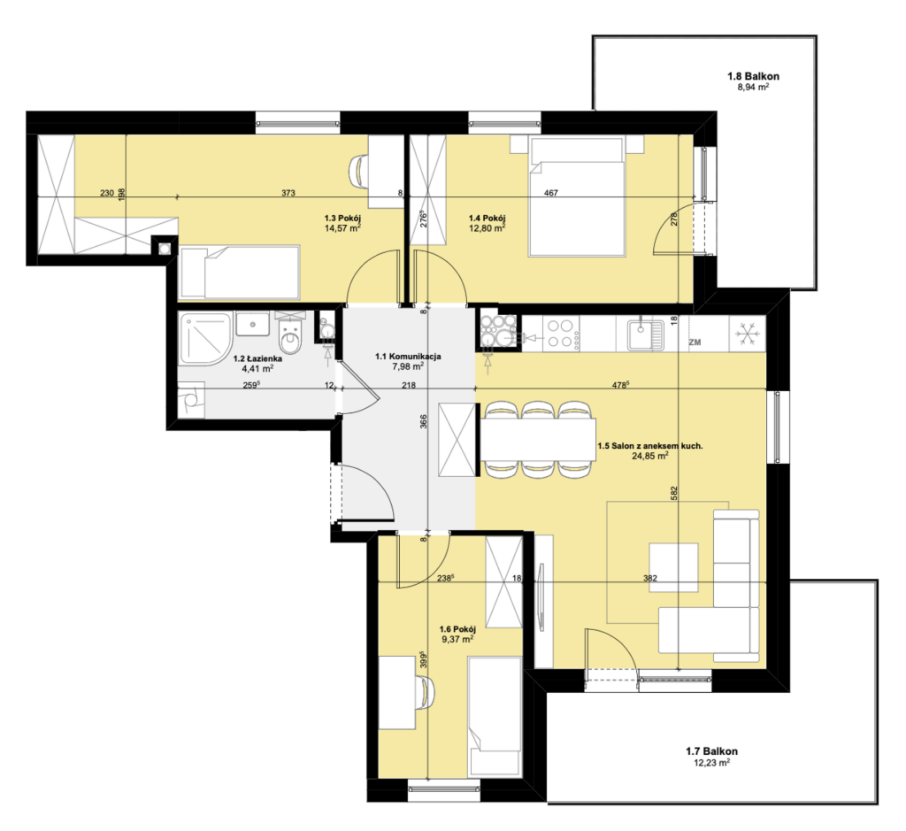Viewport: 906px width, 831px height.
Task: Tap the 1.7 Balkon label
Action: coord(712,751)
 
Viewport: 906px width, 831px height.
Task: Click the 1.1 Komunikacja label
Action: coord(408,356)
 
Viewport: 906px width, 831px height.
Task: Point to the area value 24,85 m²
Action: coord(650,456)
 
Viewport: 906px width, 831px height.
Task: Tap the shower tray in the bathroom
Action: coord(205,339)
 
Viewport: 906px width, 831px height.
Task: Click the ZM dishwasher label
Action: coord(695,342)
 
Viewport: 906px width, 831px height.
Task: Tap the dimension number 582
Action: coord(673,493)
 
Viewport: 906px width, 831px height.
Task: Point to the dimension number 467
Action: coord(551,193)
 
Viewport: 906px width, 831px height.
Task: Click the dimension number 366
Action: coord(424,421)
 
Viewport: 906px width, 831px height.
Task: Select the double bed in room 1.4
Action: coord(577,196)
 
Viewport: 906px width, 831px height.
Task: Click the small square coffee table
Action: coord(673,567)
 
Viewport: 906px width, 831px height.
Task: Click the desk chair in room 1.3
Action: coord(359,171)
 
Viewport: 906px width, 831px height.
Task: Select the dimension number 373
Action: coord(288,193)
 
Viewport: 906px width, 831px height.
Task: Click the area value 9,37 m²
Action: coord(457,639)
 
